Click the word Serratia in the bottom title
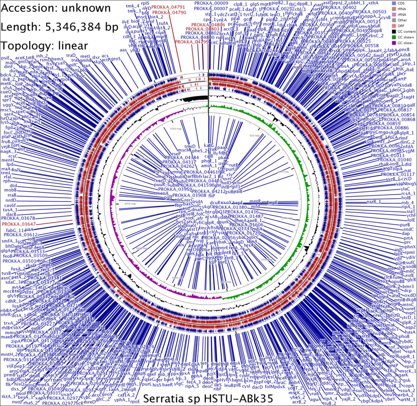[x=163, y=398]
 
